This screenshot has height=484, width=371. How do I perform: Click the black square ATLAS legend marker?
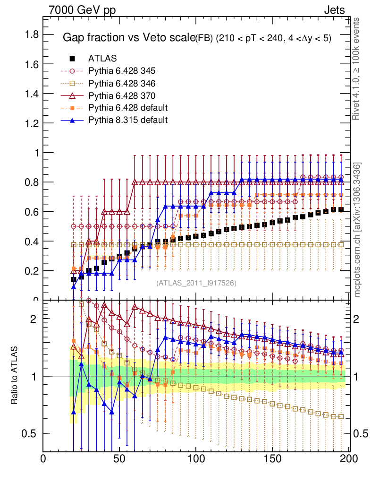(72, 59)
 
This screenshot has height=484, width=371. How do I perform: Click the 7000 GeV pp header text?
(82, 9)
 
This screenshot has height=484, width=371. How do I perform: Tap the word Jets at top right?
(334, 9)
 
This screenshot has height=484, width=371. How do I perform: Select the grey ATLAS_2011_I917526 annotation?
(196, 283)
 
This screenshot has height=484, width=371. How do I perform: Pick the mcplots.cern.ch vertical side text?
(357, 229)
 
